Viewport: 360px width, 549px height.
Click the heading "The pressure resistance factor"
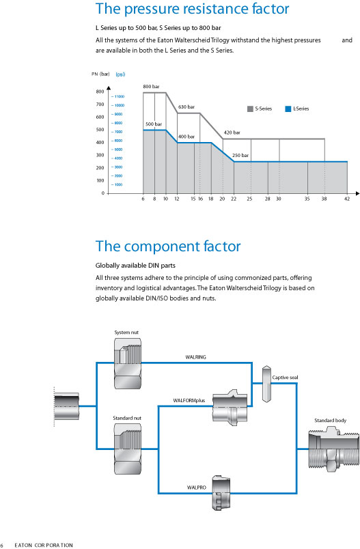192,9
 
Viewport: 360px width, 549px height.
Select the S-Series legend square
250,109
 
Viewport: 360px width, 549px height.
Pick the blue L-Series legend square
288,109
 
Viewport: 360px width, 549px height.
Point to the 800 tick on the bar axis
100,91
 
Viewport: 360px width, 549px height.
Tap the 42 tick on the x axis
347,199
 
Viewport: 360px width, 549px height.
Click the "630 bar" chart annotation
186,107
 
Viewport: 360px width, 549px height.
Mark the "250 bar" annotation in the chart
240,156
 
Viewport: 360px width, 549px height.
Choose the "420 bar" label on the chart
232,132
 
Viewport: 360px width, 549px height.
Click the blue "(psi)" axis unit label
120,74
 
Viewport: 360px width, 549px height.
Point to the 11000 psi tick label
118,97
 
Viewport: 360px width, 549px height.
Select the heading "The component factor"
168,246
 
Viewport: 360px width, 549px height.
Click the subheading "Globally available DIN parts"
135,266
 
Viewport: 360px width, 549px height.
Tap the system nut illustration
128,363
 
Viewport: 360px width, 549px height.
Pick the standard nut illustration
128,449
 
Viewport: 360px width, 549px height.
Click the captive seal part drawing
266,384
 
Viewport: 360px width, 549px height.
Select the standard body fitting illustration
334,449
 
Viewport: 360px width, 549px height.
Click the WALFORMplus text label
189,401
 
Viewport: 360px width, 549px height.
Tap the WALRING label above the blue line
196,357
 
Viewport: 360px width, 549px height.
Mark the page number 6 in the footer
2,545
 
